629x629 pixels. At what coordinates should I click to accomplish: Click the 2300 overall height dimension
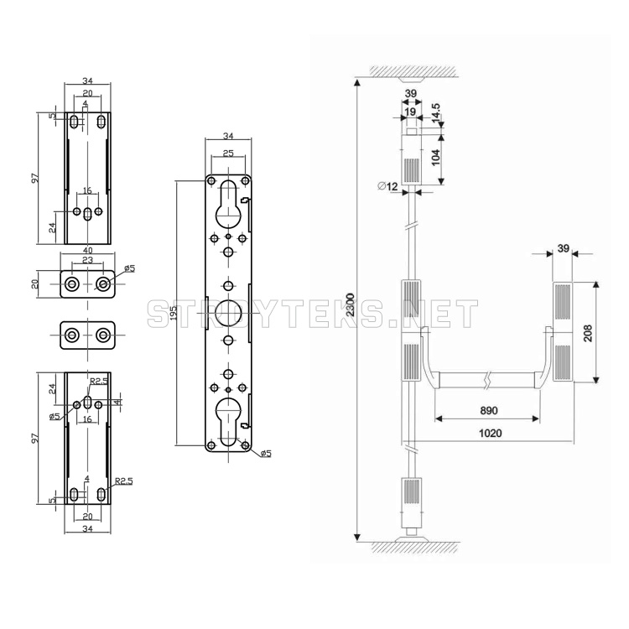click(351, 304)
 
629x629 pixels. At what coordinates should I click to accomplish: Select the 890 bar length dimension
click(489, 410)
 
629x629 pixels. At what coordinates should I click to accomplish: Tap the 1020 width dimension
click(491, 434)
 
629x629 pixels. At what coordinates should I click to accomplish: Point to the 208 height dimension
click(588, 333)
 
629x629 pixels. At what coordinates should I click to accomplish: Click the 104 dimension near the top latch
click(435, 157)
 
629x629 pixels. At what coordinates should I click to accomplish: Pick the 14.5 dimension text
click(435, 112)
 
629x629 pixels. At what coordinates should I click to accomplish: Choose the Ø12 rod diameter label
click(387, 186)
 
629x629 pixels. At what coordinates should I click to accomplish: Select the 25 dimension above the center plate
click(228, 153)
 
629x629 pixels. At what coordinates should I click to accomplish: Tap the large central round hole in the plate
click(229, 313)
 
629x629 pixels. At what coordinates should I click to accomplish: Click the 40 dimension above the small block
click(87, 251)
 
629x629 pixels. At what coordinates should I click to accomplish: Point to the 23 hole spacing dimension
click(87, 260)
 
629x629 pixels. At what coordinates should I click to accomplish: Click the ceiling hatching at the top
click(414, 71)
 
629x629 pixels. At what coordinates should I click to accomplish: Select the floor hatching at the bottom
click(416, 548)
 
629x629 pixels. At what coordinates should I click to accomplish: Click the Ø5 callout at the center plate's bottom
click(266, 453)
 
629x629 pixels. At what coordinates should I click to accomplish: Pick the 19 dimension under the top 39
click(410, 112)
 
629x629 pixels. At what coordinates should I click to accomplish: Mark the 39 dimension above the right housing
click(564, 249)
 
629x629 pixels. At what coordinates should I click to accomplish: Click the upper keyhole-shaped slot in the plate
click(228, 204)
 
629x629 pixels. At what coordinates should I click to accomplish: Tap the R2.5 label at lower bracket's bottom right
click(123, 481)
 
